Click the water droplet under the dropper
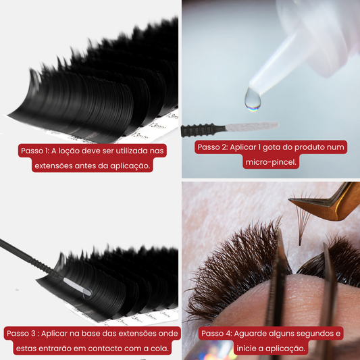(253, 99)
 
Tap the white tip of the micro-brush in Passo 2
(252, 126)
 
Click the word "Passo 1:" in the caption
(35, 151)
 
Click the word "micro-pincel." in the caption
(271, 162)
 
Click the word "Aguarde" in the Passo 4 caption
(250, 334)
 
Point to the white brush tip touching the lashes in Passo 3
(78, 287)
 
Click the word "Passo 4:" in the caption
(217, 334)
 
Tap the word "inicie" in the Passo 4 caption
(246, 349)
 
